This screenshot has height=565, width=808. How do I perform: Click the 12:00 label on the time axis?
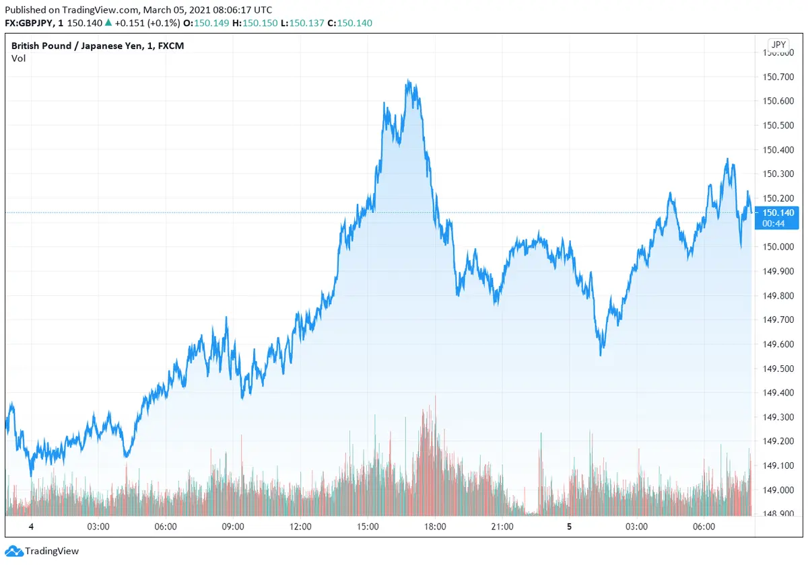point(300,527)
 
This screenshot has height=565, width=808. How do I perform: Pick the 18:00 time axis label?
point(435,527)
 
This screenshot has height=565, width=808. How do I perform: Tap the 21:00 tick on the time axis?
point(502,527)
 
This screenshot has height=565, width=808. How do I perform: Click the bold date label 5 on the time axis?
point(569,527)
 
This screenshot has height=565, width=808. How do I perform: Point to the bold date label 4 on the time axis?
point(31,527)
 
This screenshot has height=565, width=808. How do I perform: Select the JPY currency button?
point(778,45)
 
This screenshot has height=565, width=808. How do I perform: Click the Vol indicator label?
point(18,59)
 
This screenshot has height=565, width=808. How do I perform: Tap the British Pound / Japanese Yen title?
point(98,46)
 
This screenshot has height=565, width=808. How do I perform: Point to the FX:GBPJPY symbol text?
point(31,23)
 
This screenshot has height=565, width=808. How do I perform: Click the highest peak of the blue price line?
point(408,81)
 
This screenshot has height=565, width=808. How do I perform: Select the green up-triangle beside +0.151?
point(108,23)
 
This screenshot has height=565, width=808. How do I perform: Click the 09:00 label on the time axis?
point(233,527)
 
